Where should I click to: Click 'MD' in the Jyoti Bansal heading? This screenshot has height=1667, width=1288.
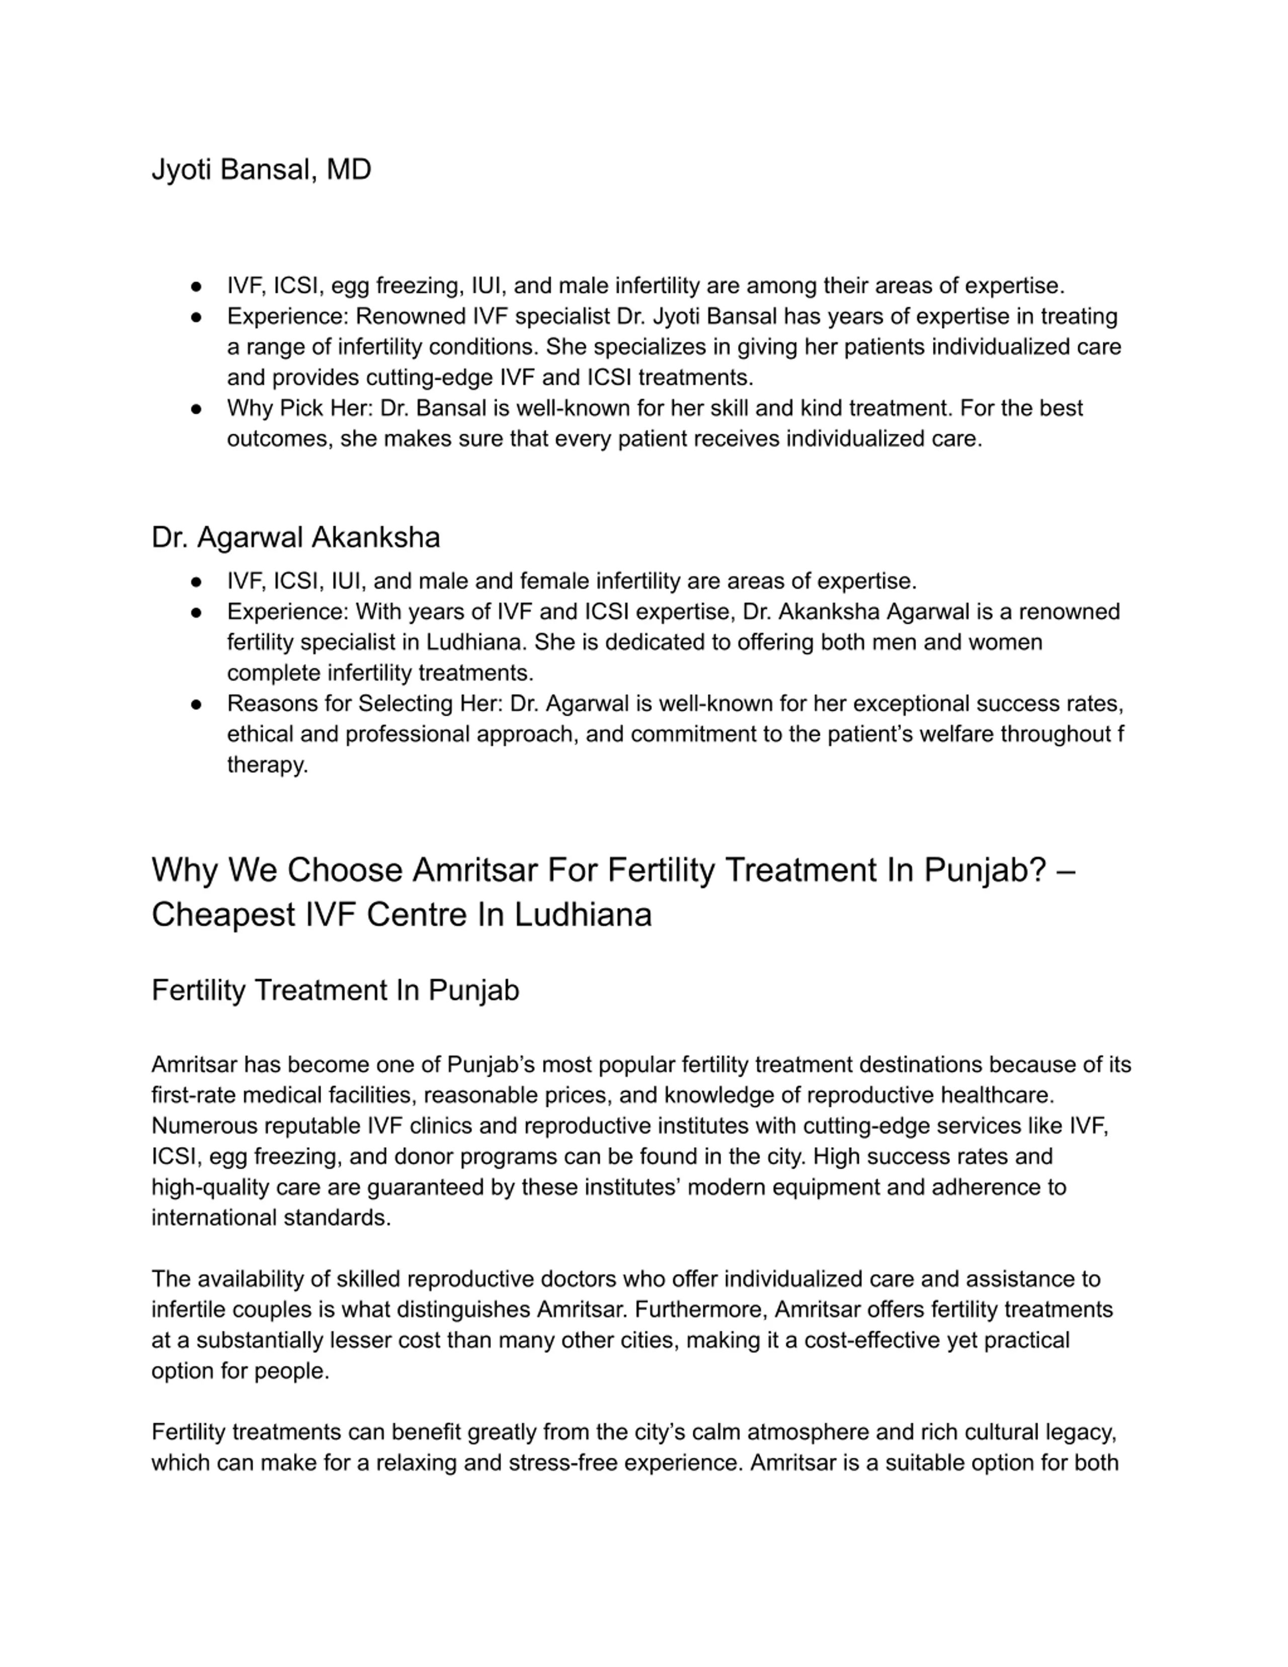[349, 170]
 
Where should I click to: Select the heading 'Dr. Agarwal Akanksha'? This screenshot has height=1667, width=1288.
[295, 537]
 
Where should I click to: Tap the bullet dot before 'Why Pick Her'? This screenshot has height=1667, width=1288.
[196, 409]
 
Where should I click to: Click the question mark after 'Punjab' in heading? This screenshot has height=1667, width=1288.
[1037, 870]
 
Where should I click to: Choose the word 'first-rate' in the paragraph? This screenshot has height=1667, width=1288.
[194, 1095]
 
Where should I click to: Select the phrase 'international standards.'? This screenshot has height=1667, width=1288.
[271, 1218]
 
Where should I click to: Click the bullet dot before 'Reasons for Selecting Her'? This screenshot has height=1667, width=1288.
[196, 704]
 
